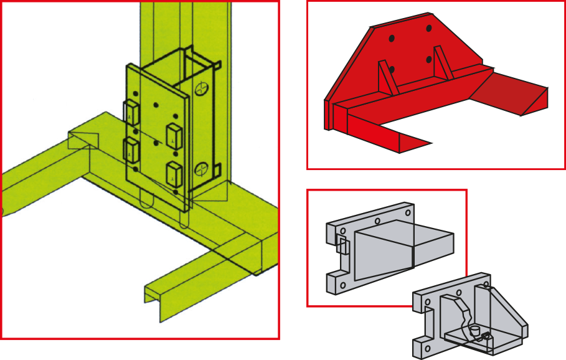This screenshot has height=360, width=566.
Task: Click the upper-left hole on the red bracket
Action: click(x=391, y=39)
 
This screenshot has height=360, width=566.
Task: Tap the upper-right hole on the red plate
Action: click(x=429, y=28)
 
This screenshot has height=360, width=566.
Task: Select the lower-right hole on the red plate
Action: click(x=429, y=60)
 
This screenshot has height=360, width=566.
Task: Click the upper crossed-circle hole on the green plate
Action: click(x=201, y=88)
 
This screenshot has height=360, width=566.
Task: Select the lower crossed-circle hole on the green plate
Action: click(x=201, y=168)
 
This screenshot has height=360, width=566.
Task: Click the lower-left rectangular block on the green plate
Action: click(x=131, y=149)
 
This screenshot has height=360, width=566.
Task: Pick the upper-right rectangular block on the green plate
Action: click(x=174, y=135)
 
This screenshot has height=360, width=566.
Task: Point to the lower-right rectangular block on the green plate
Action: click(x=174, y=174)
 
